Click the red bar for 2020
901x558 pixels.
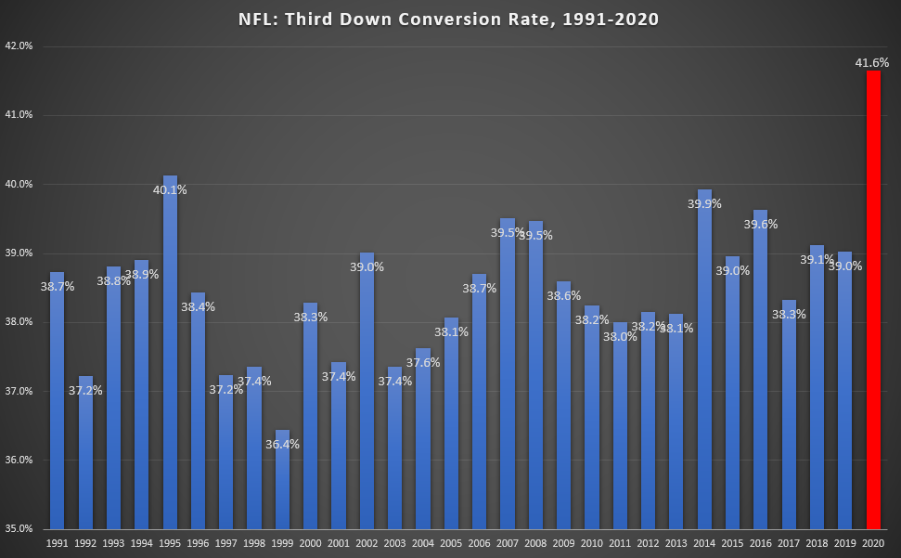[873, 297]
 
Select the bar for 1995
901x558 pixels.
[170, 353]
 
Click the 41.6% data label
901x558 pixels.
[871, 63]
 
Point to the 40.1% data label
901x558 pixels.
[170, 190]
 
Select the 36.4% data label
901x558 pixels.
[283, 445]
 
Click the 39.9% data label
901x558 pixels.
[704, 204]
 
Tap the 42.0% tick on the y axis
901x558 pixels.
[19, 46]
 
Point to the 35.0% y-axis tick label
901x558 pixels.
[19, 529]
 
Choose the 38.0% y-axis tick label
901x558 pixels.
[19, 322]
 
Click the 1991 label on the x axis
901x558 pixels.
[58, 543]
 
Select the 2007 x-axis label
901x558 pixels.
[508, 543]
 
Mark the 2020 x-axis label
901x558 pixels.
[873, 543]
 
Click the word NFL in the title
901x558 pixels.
[266, 19]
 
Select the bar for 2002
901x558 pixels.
[367, 390]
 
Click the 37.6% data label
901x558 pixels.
[423, 363]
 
